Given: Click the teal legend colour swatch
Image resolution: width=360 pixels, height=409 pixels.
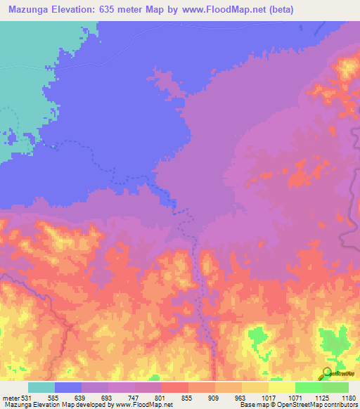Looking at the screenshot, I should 41,387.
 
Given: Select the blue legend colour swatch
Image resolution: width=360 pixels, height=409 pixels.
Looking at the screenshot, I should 68,387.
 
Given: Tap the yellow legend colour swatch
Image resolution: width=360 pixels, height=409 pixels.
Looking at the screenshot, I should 282,387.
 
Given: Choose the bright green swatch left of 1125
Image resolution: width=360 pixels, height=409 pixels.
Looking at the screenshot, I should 309,387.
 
